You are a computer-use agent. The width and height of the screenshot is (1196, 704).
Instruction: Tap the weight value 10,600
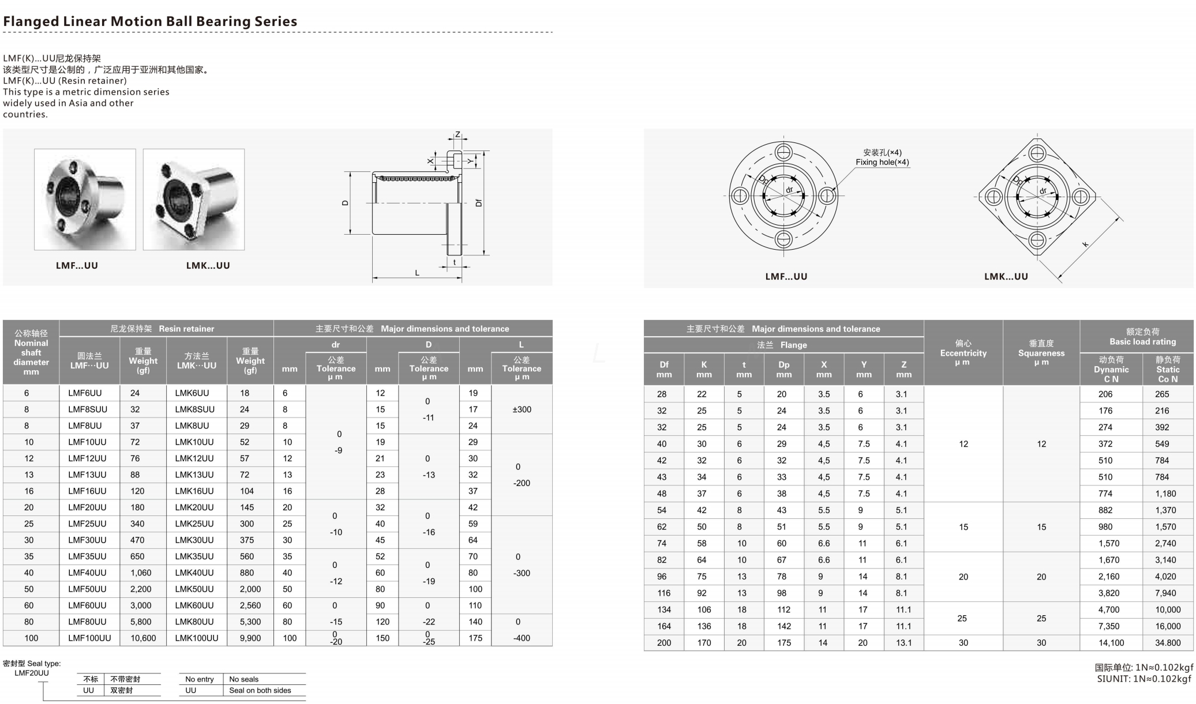click(x=143, y=638)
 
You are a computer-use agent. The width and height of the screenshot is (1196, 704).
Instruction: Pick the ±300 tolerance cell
click(x=522, y=409)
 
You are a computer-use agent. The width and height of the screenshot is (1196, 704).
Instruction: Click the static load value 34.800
click(x=1168, y=643)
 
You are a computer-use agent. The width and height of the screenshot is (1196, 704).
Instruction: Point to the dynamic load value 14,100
click(x=1111, y=643)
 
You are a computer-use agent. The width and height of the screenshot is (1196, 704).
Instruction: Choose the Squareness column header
click(x=1041, y=352)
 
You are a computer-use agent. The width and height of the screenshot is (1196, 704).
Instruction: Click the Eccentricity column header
click(x=963, y=352)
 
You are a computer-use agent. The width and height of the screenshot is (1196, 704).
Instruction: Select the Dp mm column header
click(x=783, y=369)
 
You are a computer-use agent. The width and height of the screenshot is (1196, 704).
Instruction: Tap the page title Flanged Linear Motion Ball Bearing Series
click(x=150, y=21)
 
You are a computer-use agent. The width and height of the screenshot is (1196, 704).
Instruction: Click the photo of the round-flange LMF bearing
click(x=85, y=199)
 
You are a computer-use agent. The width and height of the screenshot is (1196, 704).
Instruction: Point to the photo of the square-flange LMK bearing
click(x=194, y=199)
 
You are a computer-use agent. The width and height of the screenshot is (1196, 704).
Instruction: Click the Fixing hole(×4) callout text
click(x=882, y=162)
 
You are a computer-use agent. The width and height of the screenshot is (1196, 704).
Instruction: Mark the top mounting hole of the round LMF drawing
click(x=783, y=152)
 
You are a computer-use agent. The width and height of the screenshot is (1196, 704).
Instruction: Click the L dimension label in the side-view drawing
click(x=417, y=273)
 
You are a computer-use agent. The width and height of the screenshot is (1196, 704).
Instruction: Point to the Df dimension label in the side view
click(x=478, y=202)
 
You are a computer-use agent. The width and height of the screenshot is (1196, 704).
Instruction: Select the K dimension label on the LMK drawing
click(x=1085, y=244)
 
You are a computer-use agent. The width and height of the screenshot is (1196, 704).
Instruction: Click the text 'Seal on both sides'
click(x=260, y=690)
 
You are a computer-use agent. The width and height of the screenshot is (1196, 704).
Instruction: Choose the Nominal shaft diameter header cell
click(x=31, y=352)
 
